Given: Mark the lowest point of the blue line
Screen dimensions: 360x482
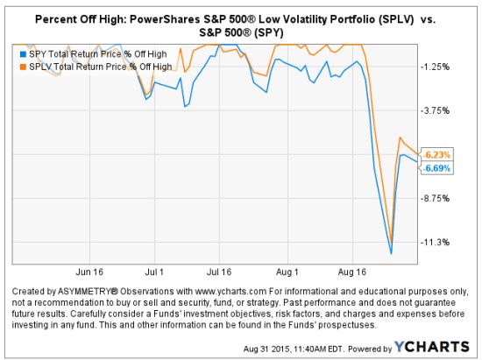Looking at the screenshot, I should pos(391,253).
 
